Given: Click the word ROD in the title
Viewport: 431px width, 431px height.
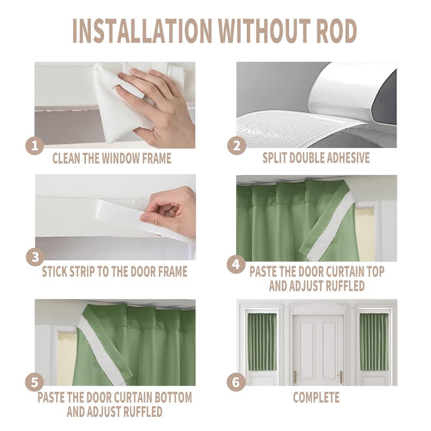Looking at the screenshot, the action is tap(336, 31).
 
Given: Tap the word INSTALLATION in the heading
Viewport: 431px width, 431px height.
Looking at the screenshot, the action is tap(142, 31).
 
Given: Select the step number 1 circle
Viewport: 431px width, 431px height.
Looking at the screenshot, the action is tap(34, 145).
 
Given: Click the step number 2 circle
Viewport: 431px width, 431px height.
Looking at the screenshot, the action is tap(237, 145).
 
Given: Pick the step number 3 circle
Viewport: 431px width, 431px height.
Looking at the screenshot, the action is tap(35, 258).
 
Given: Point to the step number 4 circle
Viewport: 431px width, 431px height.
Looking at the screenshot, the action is tap(236, 265).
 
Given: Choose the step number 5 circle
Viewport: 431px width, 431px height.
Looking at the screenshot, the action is tap(34, 382).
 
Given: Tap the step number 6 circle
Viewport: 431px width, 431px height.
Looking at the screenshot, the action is tap(236, 382).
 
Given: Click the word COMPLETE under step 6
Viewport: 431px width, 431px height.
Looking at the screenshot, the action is tap(316, 398).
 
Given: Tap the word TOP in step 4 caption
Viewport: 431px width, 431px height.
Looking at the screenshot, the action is tap(374, 272).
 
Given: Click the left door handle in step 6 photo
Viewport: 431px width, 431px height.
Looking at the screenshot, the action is tap(295, 377).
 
